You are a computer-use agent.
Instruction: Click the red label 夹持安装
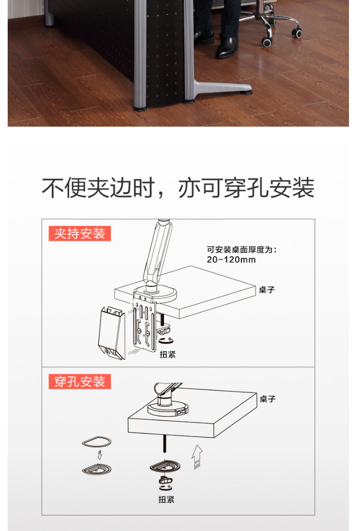pos(80,233)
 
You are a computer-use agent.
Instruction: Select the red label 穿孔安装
pos(80,381)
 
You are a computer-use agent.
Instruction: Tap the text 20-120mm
pos(231,260)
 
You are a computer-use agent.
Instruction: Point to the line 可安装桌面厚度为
pos(242,249)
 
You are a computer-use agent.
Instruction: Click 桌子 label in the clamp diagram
pos(266,290)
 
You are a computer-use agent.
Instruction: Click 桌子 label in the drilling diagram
pos(267,399)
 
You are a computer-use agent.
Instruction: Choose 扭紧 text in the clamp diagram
pos(168,354)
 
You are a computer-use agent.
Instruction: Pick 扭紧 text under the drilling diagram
pos(166,499)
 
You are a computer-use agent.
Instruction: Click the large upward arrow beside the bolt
pos(197,457)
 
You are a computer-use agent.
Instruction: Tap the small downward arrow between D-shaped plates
pos(100,455)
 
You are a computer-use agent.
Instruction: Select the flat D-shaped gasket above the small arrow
pos(96,442)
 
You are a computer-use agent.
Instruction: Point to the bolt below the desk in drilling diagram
pos(165,443)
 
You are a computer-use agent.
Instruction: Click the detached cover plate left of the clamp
pos(112,332)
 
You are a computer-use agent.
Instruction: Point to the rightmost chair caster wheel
pos(297,33)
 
